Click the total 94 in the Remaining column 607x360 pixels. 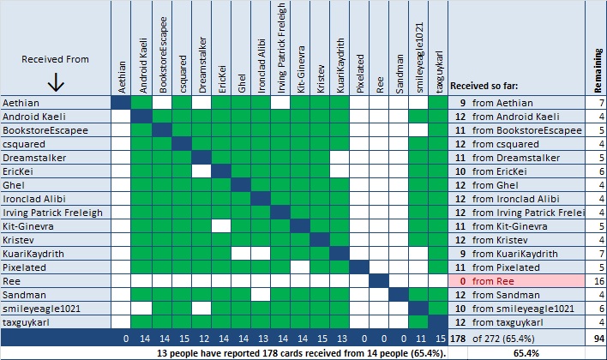(597, 337)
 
